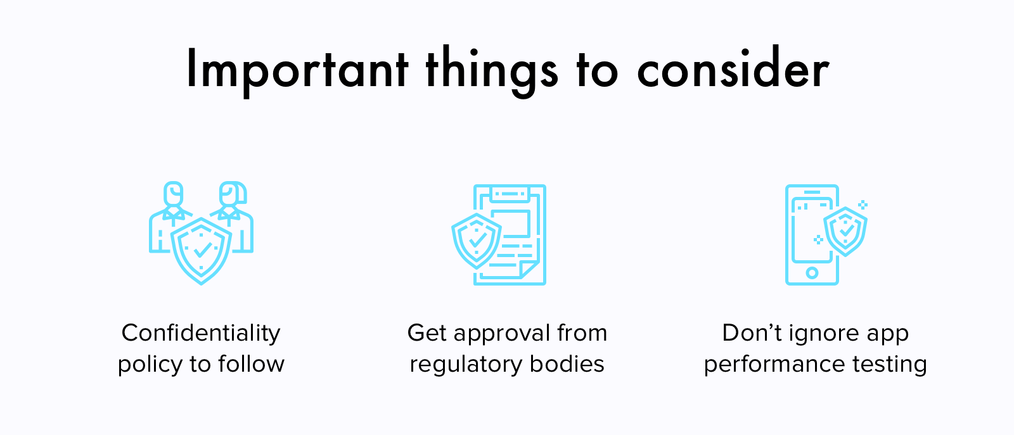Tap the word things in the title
coord(492,72)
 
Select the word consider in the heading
coord(733,67)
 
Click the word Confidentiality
coord(201,333)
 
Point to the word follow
coord(251,363)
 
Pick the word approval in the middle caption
coord(501,334)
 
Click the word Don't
coord(752,333)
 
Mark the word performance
coord(774,365)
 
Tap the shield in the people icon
coord(202,251)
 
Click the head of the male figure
coord(174,194)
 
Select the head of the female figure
coord(233,194)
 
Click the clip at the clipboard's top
coord(510,194)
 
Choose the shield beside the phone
coord(845,232)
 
